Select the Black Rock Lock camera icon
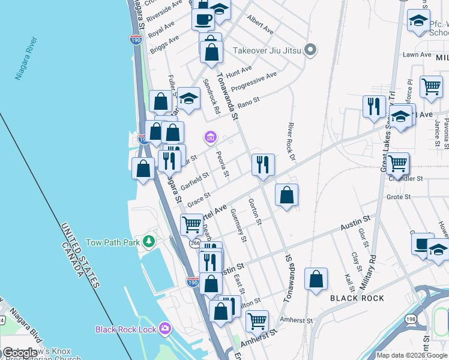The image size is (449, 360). coord(165,329)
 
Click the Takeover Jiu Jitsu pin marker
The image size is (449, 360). coord(310,49)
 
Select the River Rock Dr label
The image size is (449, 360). coord(292,142)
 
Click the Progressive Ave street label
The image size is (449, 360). coord(254,83)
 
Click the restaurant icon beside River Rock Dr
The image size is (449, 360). coord(262,164)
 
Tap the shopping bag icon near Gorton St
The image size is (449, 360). coord(287,194)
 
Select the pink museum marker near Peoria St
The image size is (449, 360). coord(210,138)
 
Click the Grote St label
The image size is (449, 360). coord(399,196)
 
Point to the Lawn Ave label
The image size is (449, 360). coord(417,55)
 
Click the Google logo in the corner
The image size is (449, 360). coord(20,353)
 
